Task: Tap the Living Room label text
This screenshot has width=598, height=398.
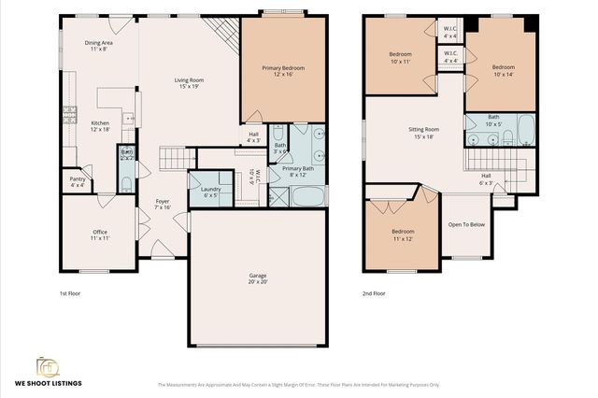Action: click(190, 83)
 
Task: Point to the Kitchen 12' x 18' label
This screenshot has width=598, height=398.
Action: click(99, 126)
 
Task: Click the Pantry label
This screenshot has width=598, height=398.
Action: click(77, 183)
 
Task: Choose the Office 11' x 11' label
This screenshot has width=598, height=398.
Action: click(99, 235)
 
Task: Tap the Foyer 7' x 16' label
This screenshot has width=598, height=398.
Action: click(162, 205)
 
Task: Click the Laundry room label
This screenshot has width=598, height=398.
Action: click(211, 192)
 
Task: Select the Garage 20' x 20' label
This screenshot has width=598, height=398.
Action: click(258, 278)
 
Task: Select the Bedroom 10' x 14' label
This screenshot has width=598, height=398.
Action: click(504, 70)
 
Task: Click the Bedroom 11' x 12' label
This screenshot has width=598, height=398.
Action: click(403, 235)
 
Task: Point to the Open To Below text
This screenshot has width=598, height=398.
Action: click(466, 224)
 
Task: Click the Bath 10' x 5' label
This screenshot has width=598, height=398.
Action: click(492, 121)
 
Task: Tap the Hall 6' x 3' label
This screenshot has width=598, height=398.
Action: click(486, 178)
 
